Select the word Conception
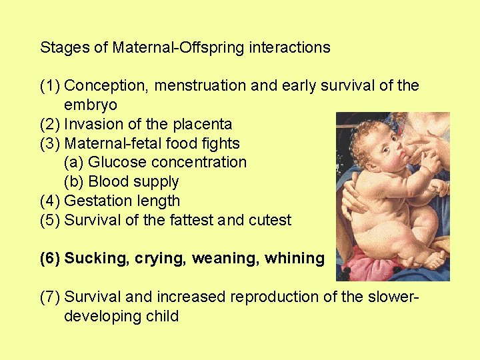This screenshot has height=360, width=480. pyautogui.click(x=98, y=86)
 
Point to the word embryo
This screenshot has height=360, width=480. pyautogui.click(x=91, y=105)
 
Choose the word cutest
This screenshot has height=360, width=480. pyautogui.click(x=269, y=220)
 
